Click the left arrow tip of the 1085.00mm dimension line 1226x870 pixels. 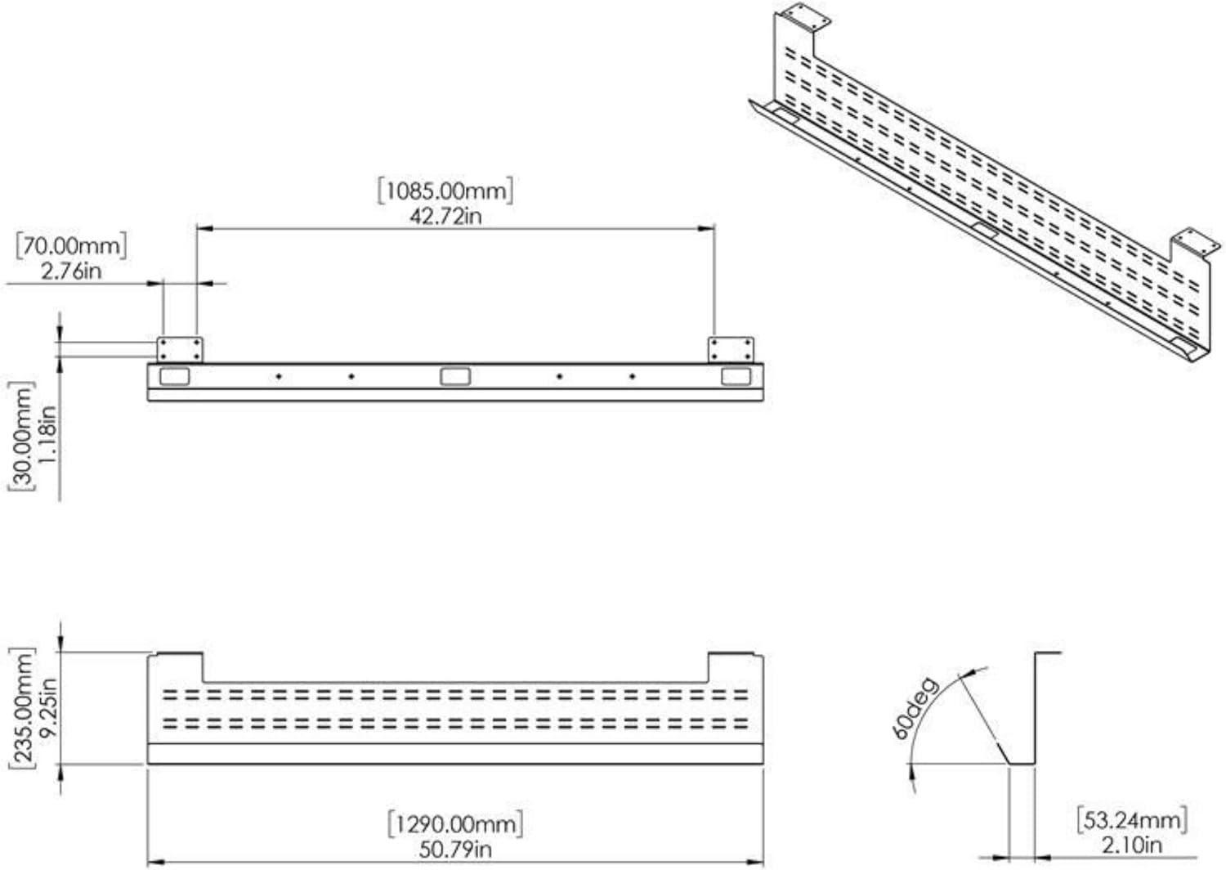point(196,228)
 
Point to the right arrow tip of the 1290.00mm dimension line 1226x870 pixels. point(763,862)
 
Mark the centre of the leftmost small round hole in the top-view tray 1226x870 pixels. point(279,377)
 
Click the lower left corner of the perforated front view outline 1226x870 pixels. point(148,764)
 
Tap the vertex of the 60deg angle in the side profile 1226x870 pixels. point(1009,764)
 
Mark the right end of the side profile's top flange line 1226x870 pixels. point(1061,652)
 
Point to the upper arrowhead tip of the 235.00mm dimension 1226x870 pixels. point(60,652)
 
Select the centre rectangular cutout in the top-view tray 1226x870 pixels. point(455,377)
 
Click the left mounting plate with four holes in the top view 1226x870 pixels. point(180,350)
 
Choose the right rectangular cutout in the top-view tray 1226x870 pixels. point(736,377)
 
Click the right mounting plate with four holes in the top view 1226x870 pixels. point(732,350)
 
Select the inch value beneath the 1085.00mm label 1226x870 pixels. point(446,217)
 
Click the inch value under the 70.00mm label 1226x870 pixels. point(71,271)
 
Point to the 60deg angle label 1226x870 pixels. point(915,708)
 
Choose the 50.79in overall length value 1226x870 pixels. point(455,850)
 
